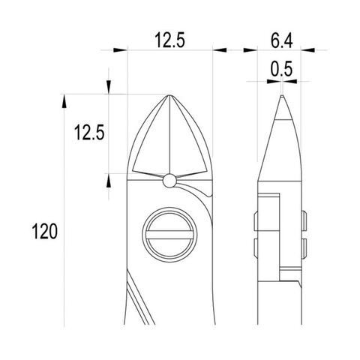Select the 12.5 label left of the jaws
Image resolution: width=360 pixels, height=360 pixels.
tap(89, 132)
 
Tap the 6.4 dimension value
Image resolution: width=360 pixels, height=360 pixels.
tap(282, 40)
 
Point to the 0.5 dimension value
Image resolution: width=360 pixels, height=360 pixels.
tap(281, 69)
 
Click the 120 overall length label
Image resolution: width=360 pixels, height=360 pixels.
tap(45, 231)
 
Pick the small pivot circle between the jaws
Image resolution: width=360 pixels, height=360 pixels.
tap(169, 181)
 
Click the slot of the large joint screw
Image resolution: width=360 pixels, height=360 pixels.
tap(169, 235)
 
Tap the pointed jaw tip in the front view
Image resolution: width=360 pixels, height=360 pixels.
tap(169, 95)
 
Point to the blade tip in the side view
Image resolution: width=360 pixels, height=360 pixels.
tap(282, 95)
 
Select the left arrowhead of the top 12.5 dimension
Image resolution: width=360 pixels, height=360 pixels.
tap(120, 50)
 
